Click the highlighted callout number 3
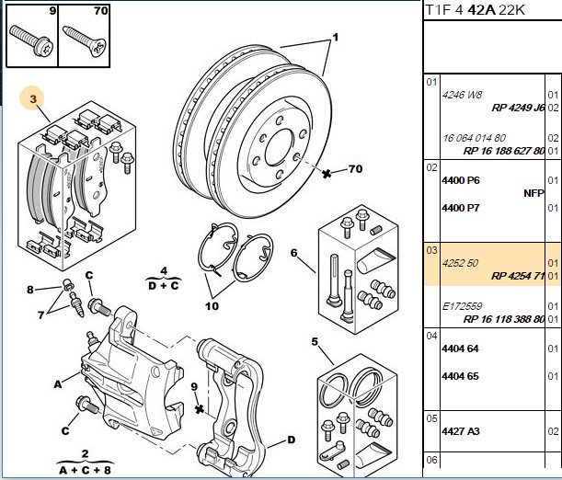click(33, 98)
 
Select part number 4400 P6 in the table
click(461, 180)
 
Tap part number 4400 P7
click(461, 208)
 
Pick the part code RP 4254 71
click(518, 276)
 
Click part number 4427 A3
click(461, 431)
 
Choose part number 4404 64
click(460, 349)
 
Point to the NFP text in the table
click(534, 193)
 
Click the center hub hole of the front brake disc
click(279, 147)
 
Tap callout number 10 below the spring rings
click(212, 306)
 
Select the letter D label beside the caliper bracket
click(291, 440)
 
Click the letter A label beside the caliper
click(58, 384)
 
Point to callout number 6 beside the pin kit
click(294, 253)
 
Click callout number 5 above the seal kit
click(315, 342)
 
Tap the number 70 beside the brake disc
click(355, 168)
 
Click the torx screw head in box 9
click(45, 47)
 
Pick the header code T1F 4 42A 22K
click(475, 10)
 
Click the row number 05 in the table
click(432, 418)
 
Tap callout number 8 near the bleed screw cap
click(30, 290)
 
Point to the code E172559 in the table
click(462, 306)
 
